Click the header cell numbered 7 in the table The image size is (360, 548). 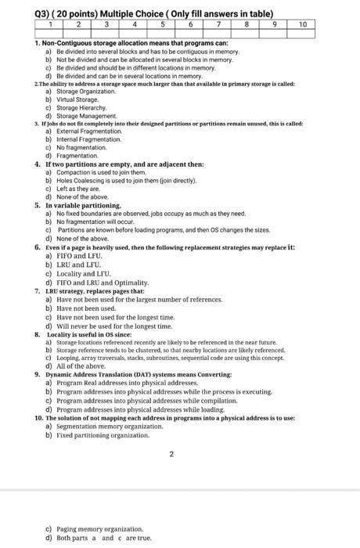(x=221, y=24)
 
